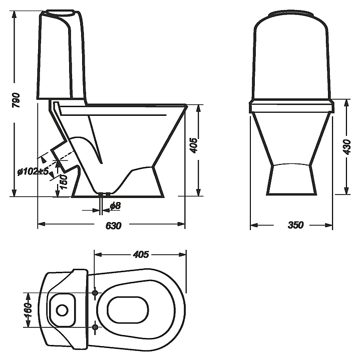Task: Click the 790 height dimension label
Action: coord(17,101)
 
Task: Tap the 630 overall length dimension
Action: coord(113,226)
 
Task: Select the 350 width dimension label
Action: coord(295,225)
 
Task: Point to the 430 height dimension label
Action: coord(346,147)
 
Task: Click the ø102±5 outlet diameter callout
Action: coord(34,171)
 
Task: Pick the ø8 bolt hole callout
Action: coord(115,206)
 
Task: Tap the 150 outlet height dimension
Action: coord(63,182)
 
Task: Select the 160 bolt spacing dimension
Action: coord(28,310)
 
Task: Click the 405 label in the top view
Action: coord(141,254)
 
